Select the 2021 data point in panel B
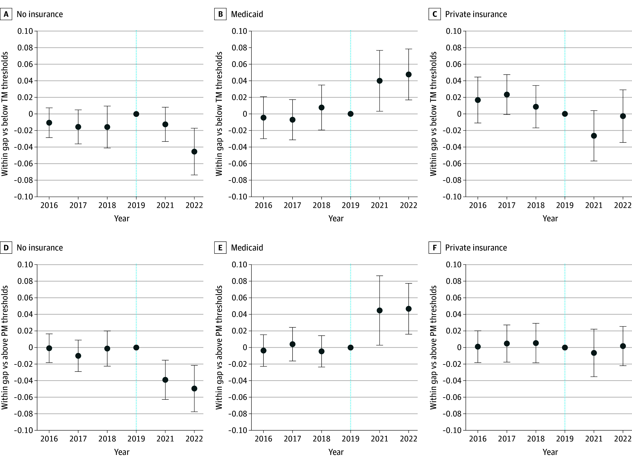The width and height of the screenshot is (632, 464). click(x=379, y=81)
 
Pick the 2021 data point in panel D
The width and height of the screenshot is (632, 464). click(x=165, y=380)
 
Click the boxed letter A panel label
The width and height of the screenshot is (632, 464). click(x=6, y=14)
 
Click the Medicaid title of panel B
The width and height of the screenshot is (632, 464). click(x=247, y=14)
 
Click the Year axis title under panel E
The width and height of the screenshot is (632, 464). click(x=336, y=452)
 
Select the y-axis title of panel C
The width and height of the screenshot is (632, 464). click(x=433, y=114)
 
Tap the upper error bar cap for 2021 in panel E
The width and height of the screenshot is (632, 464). click(x=379, y=276)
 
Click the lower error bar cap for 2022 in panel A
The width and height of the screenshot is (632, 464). click(x=194, y=175)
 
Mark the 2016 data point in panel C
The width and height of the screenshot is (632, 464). click(x=478, y=100)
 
